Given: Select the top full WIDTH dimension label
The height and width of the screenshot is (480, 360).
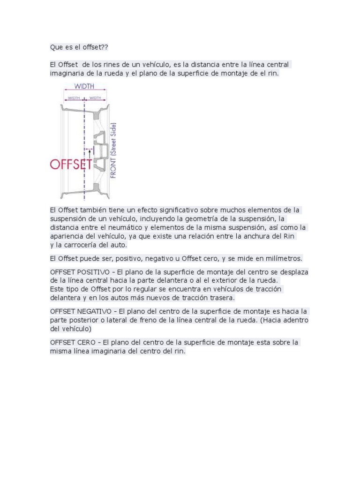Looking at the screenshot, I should pos(85,86).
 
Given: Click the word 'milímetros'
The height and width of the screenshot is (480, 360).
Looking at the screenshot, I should pos(285,258).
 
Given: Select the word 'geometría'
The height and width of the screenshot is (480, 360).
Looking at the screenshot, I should pos(194,218).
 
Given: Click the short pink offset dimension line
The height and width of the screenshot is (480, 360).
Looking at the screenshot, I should pos(89,150).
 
